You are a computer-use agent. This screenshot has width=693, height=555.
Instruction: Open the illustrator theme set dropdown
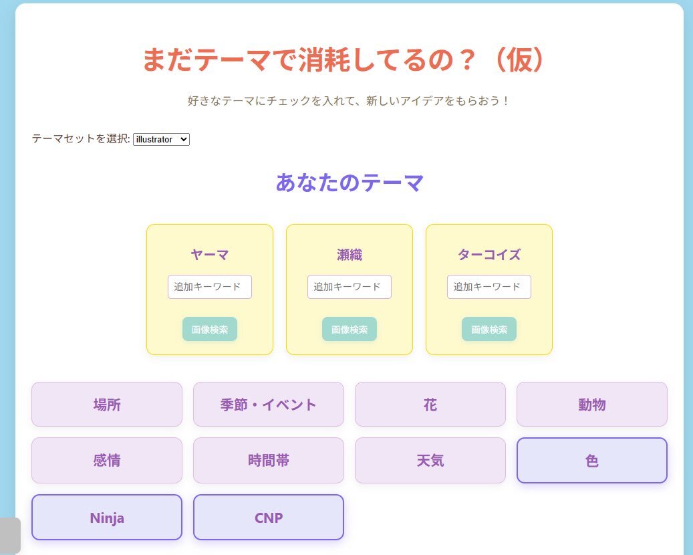(x=161, y=139)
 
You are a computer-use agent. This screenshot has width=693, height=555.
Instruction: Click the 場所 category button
(x=107, y=404)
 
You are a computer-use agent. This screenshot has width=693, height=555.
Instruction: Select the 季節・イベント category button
(x=269, y=404)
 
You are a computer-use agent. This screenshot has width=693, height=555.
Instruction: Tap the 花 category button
(x=430, y=404)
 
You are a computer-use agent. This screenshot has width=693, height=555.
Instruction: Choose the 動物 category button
(x=592, y=404)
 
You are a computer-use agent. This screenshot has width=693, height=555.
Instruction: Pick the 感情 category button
(x=107, y=460)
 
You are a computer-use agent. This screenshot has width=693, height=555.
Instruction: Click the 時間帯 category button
(x=269, y=460)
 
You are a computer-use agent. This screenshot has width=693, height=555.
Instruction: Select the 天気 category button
(x=430, y=460)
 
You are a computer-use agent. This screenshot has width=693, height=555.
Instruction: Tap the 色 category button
(x=592, y=460)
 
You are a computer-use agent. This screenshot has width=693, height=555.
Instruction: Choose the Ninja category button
(x=107, y=518)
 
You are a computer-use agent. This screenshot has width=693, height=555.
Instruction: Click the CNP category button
(x=269, y=518)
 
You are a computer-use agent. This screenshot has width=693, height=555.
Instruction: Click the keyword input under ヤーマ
(x=210, y=287)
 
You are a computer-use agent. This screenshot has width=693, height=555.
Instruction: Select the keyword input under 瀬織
(x=350, y=287)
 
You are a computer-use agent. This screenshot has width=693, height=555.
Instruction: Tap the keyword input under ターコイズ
(x=489, y=287)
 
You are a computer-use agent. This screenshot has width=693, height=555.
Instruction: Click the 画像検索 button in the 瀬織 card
(x=350, y=329)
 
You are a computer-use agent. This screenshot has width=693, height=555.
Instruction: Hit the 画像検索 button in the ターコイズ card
(x=489, y=329)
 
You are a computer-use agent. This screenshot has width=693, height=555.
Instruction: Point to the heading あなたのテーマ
(x=350, y=182)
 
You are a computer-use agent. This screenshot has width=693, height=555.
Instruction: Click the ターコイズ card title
(x=489, y=255)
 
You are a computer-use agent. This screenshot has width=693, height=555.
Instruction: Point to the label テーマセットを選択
(x=81, y=139)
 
